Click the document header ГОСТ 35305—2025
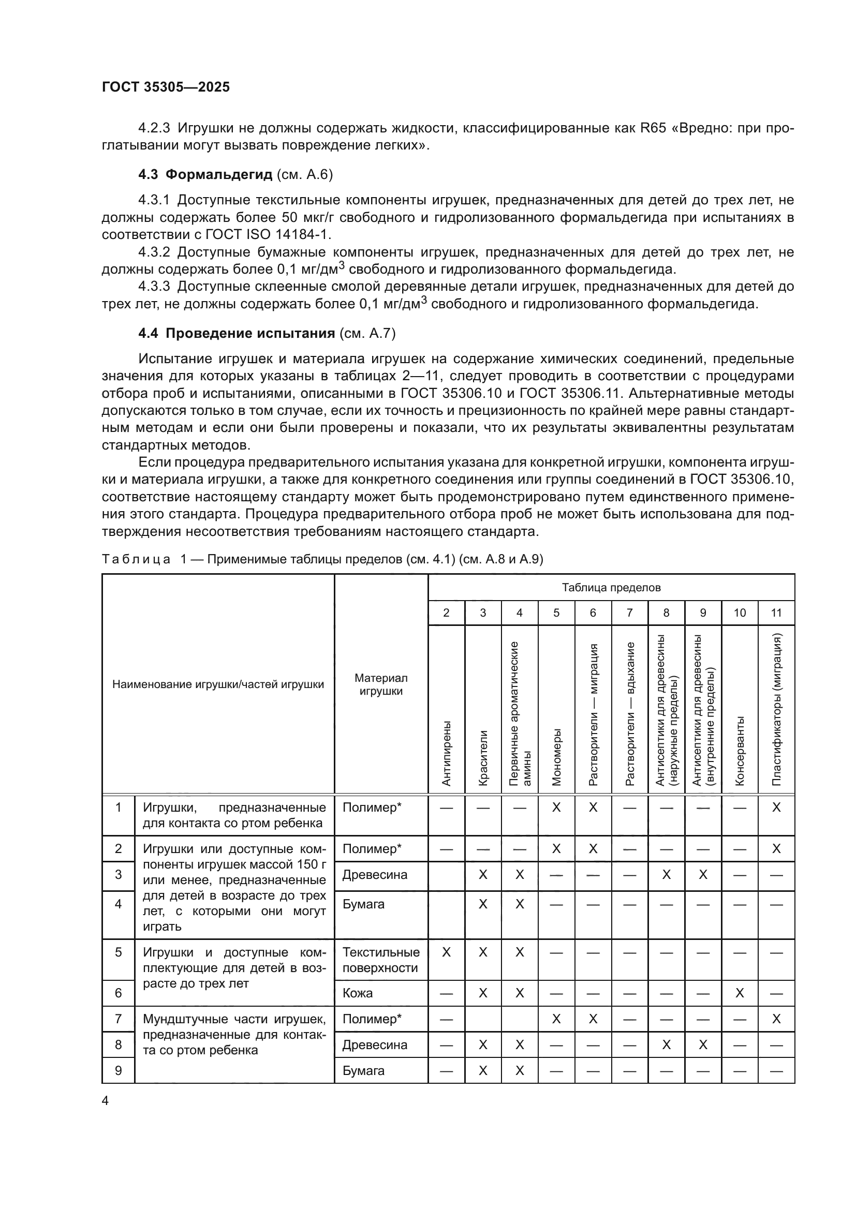click(166, 87)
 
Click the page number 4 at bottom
click(105, 1100)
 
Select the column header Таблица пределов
click(611, 587)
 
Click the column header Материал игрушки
click(380, 684)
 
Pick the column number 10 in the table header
click(740, 613)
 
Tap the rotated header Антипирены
click(447, 754)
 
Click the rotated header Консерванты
click(740, 751)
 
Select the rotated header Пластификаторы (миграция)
click(776, 709)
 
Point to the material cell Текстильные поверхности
click(380, 960)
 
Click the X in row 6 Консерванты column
click(740, 993)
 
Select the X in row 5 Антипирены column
click(447, 952)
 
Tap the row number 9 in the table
click(118, 1070)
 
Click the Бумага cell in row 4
click(363, 904)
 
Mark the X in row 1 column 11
click(776, 808)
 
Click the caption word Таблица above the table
click(136, 559)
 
